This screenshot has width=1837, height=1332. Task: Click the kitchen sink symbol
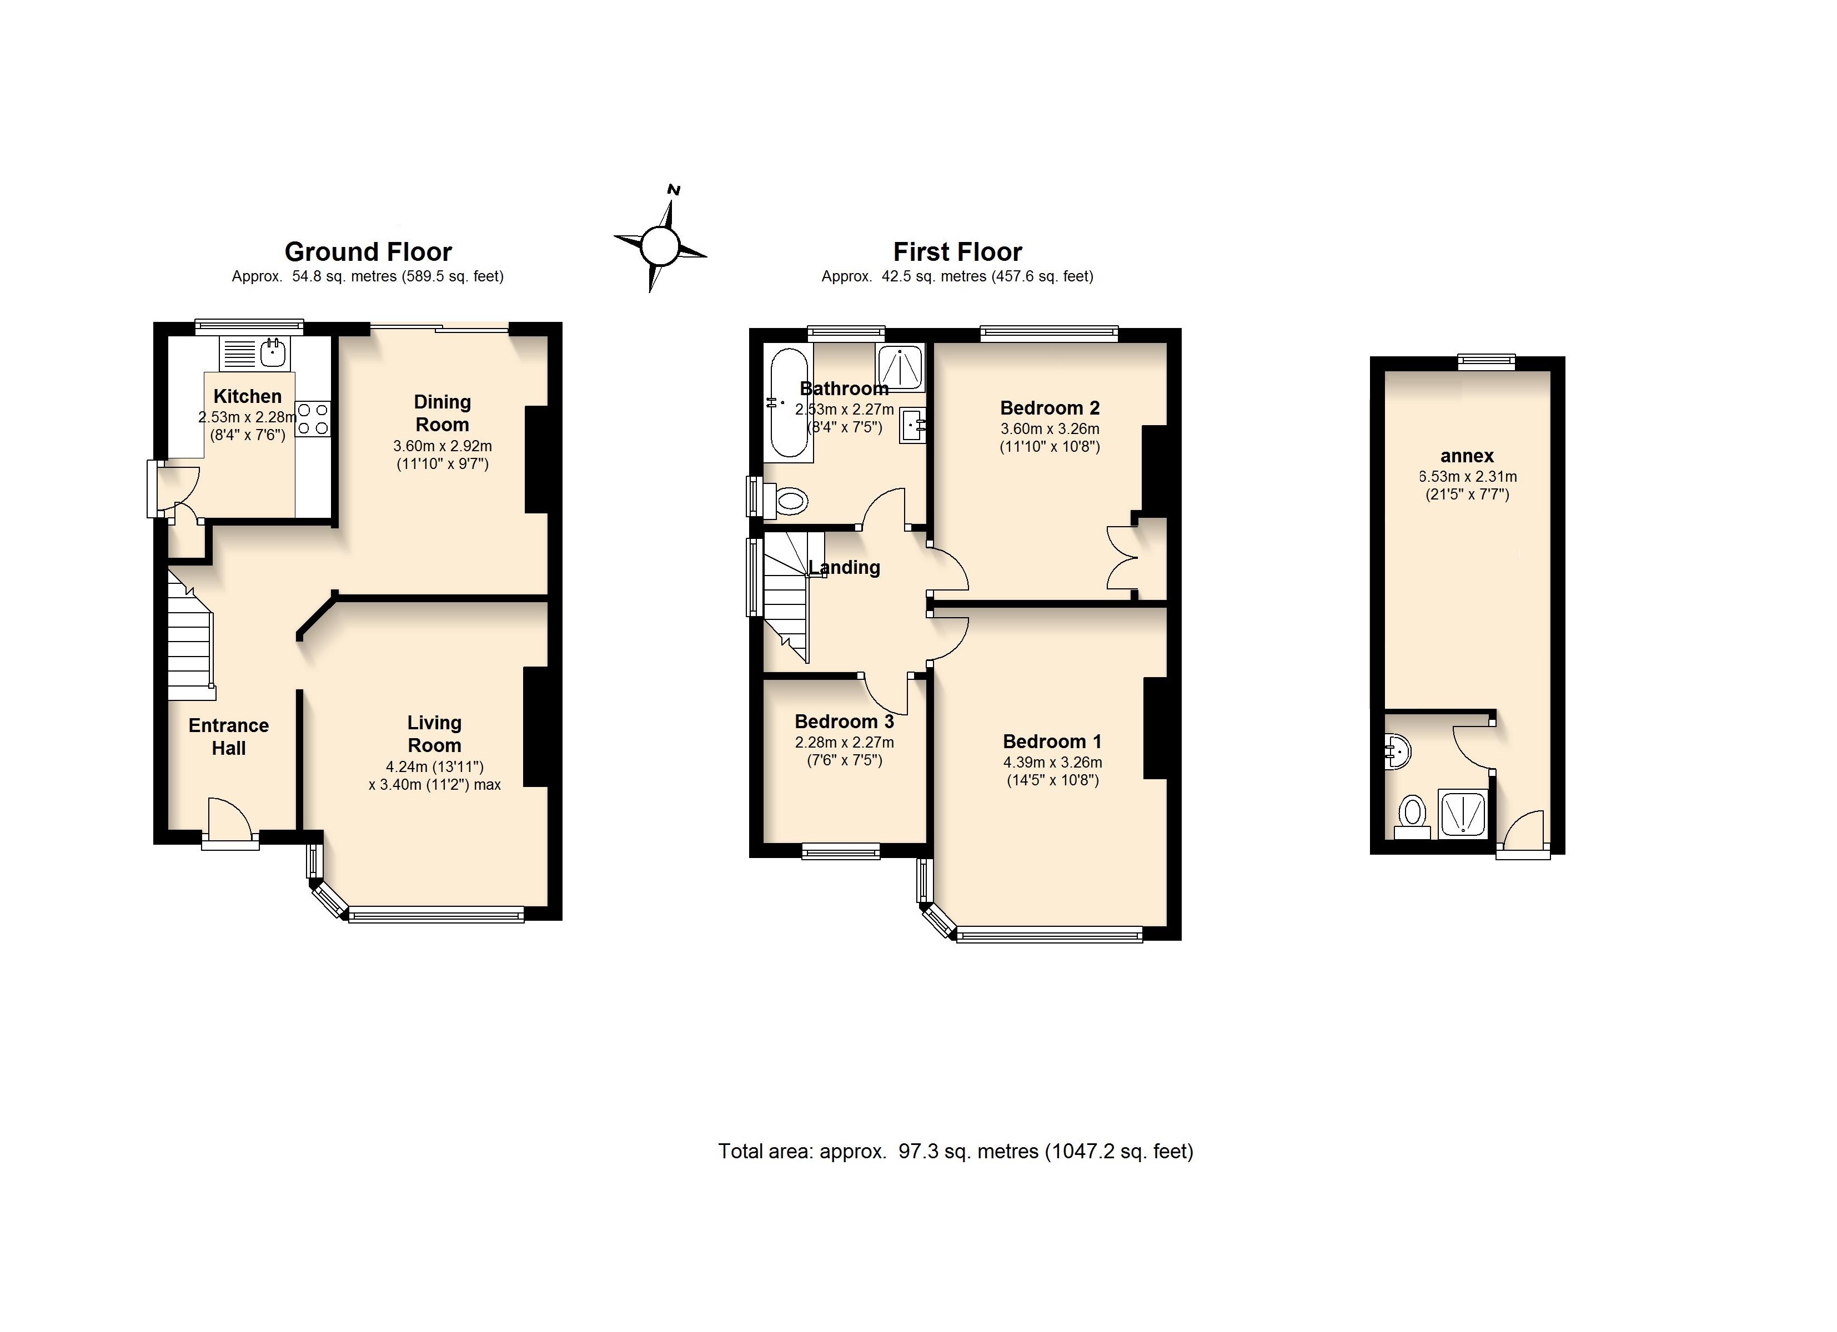coord(274,353)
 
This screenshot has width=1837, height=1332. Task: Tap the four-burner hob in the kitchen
coord(313,418)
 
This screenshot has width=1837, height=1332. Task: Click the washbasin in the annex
coord(1397,751)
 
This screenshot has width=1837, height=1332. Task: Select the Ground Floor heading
coord(368,252)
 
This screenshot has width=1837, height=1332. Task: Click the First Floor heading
coord(957,252)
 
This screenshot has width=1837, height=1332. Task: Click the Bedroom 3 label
coord(844,722)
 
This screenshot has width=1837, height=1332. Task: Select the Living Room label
coord(434,734)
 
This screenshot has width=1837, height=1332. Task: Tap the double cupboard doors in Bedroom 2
coord(1122,557)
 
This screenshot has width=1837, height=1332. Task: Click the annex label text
coord(1467,456)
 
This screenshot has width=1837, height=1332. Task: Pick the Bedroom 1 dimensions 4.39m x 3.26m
coord(1052,762)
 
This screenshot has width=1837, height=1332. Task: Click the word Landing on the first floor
coord(844,568)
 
